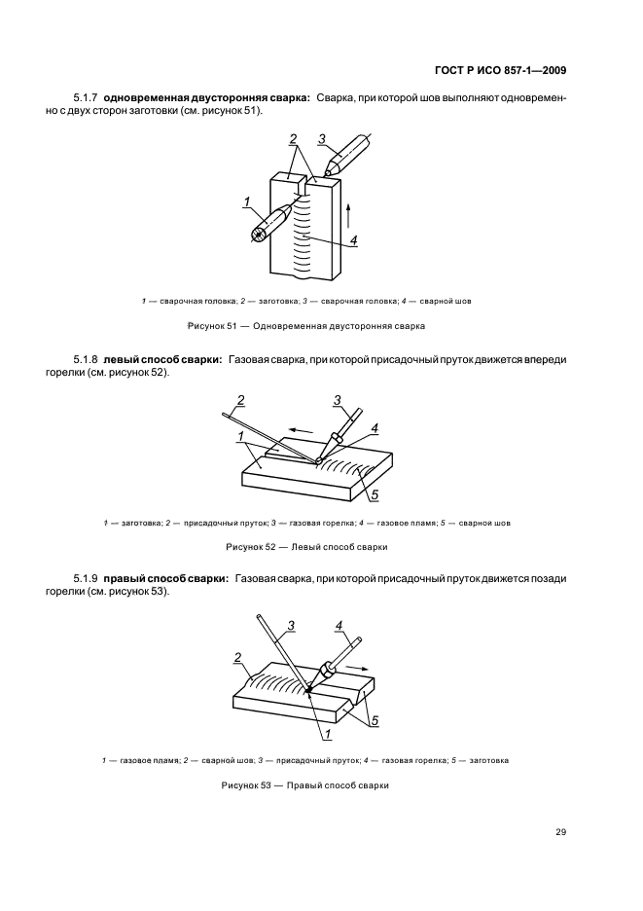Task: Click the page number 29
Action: (560, 832)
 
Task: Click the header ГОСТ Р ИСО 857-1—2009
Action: (500, 71)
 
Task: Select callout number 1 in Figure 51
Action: (246, 201)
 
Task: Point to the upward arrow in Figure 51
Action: (348, 215)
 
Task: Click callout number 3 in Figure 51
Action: (322, 139)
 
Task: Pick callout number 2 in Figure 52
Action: (241, 400)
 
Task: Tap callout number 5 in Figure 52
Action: (375, 494)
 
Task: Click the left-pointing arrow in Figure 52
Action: (302, 430)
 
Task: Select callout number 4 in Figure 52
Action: (375, 428)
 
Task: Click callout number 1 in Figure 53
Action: (327, 735)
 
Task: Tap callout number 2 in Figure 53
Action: (237, 658)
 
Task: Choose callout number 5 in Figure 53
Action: (375, 721)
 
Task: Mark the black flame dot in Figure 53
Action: (309, 690)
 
